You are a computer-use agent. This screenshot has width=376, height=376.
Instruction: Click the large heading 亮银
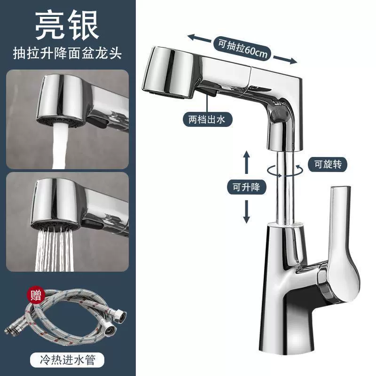pyautogui.click(x=67, y=26)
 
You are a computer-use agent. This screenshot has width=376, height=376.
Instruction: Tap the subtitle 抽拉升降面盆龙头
pyautogui.click(x=67, y=53)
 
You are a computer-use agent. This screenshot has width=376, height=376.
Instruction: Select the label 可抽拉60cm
pyautogui.click(x=243, y=49)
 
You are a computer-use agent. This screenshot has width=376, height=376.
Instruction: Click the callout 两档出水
pyautogui.click(x=207, y=119)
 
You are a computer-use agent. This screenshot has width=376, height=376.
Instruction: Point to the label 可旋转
pyautogui.click(x=328, y=164)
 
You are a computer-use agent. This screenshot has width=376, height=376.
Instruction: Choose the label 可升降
pyautogui.click(x=246, y=187)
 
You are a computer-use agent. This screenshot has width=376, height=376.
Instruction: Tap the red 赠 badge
pyautogui.click(x=36, y=295)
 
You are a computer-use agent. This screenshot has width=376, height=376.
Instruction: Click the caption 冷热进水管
pyautogui.click(x=68, y=360)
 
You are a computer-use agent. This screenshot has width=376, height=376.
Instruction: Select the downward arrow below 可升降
pyautogui.click(x=246, y=212)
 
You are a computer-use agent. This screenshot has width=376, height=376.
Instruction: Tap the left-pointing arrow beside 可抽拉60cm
pyautogui.click(x=199, y=39)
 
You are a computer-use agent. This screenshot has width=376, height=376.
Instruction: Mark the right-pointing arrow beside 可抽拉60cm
pyautogui.click(x=285, y=60)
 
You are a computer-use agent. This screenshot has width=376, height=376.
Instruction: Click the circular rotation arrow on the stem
pyautogui.click(x=285, y=171)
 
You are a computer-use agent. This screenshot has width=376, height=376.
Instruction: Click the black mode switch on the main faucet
pyautogui.click(x=211, y=88)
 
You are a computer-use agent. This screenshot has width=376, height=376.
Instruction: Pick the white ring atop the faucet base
pyautogui.click(x=285, y=225)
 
